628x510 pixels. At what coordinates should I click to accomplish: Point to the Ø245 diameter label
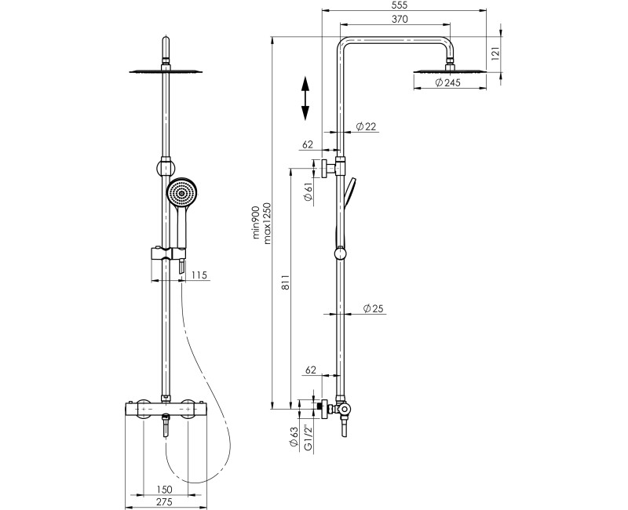click(446, 84)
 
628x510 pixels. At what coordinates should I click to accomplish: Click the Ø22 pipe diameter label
click(366, 126)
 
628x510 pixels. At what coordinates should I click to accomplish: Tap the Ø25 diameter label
click(373, 309)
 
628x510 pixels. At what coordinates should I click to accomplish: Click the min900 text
click(254, 221)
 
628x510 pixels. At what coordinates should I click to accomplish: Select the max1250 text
click(268, 222)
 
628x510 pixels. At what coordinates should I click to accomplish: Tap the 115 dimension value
click(199, 275)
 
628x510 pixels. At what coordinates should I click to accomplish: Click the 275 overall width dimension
click(164, 504)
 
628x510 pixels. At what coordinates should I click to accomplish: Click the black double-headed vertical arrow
click(305, 98)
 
